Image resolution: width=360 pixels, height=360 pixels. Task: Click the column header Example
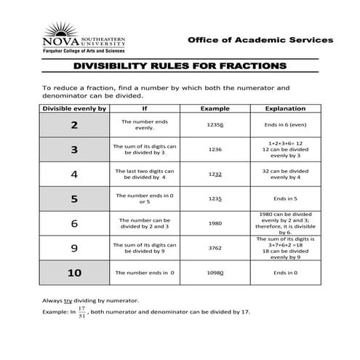[215, 109]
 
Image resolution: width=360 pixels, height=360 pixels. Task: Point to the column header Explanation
[284, 109]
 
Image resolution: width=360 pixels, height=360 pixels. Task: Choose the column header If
[144, 109]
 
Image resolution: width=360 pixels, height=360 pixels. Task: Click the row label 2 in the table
[74, 125]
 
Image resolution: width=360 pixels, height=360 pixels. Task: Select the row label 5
[74, 198]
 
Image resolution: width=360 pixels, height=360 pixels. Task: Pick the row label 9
[74, 248]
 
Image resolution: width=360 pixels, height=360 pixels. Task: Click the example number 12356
[215, 125]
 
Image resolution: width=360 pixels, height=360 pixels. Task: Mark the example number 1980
[215, 223]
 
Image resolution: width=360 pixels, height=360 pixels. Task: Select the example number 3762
[215, 248]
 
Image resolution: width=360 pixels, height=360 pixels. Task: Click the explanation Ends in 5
[284, 198]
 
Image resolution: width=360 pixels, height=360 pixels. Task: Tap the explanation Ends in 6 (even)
[284, 125]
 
